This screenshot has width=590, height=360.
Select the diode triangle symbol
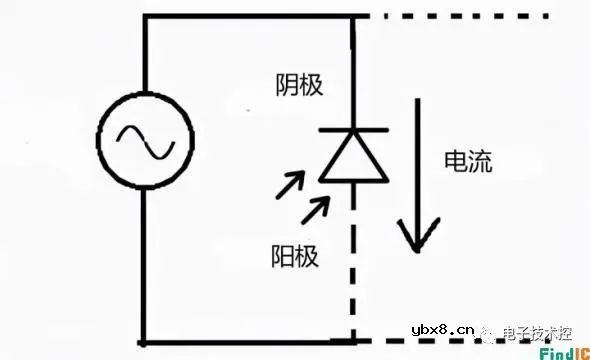[x=353, y=160]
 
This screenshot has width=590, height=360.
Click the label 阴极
[x=298, y=86]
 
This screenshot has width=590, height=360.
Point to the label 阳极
[x=294, y=255]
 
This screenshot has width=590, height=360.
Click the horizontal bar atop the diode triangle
[x=353, y=131]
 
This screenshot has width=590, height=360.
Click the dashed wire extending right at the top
[x=460, y=16]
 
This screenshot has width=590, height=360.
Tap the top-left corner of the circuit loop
[x=144, y=17]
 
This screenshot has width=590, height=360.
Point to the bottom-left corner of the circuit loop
[x=144, y=342]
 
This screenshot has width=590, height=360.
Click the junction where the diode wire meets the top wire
[x=353, y=17]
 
